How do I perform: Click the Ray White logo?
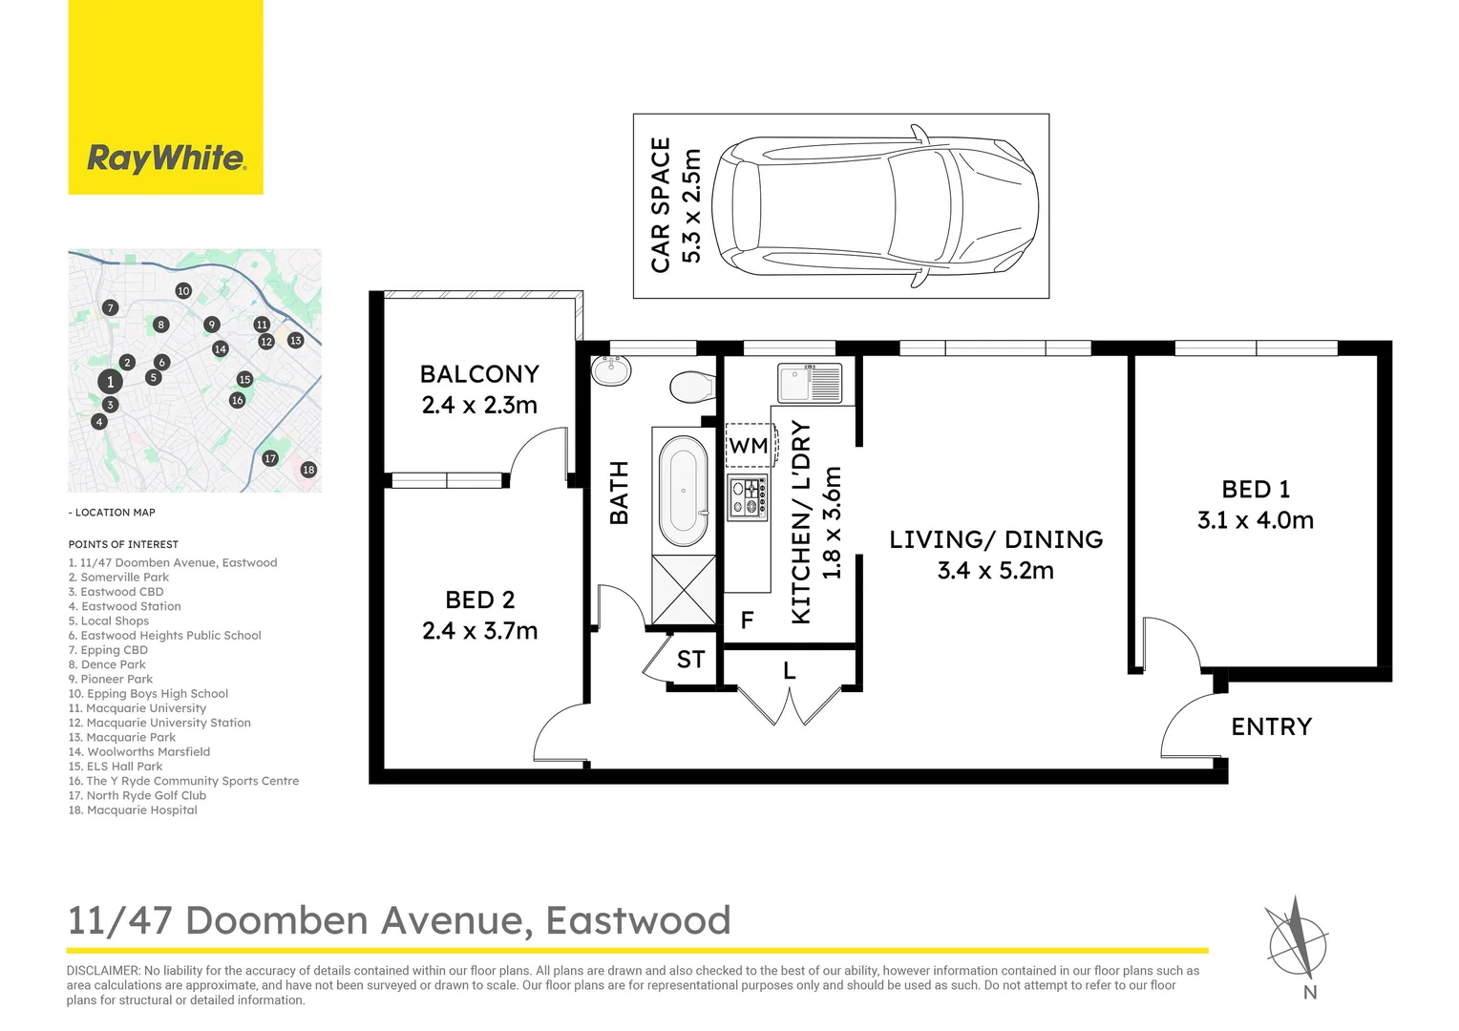pyautogui.click(x=166, y=158)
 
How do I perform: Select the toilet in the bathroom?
pyautogui.click(x=691, y=388)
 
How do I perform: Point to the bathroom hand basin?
pyautogui.click(x=610, y=369)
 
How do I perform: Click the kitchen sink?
pyautogui.click(x=810, y=384)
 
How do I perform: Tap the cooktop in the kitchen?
pyautogui.click(x=748, y=496)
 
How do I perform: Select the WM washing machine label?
pyautogui.click(x=749, y=446)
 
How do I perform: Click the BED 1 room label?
pyautogui.click(x=1256, y=490)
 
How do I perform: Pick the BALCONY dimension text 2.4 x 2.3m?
pyautogui.click(x=479, y=406)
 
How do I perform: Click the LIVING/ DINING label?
pyautogui.click(x=996, y=539)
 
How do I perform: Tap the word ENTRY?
pyautogui.click(x=1271, y=727)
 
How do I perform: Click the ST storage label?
pyautogui.click(x=690, y=660)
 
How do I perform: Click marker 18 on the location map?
pyautogui.click(x=308, y=470)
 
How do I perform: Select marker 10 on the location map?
pyautogui.click(x=183, y=291)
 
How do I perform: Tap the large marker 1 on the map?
pyautogui.click(x=110, y=382)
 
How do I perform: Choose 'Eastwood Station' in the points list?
pyautogui.click(x=131, y=606)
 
